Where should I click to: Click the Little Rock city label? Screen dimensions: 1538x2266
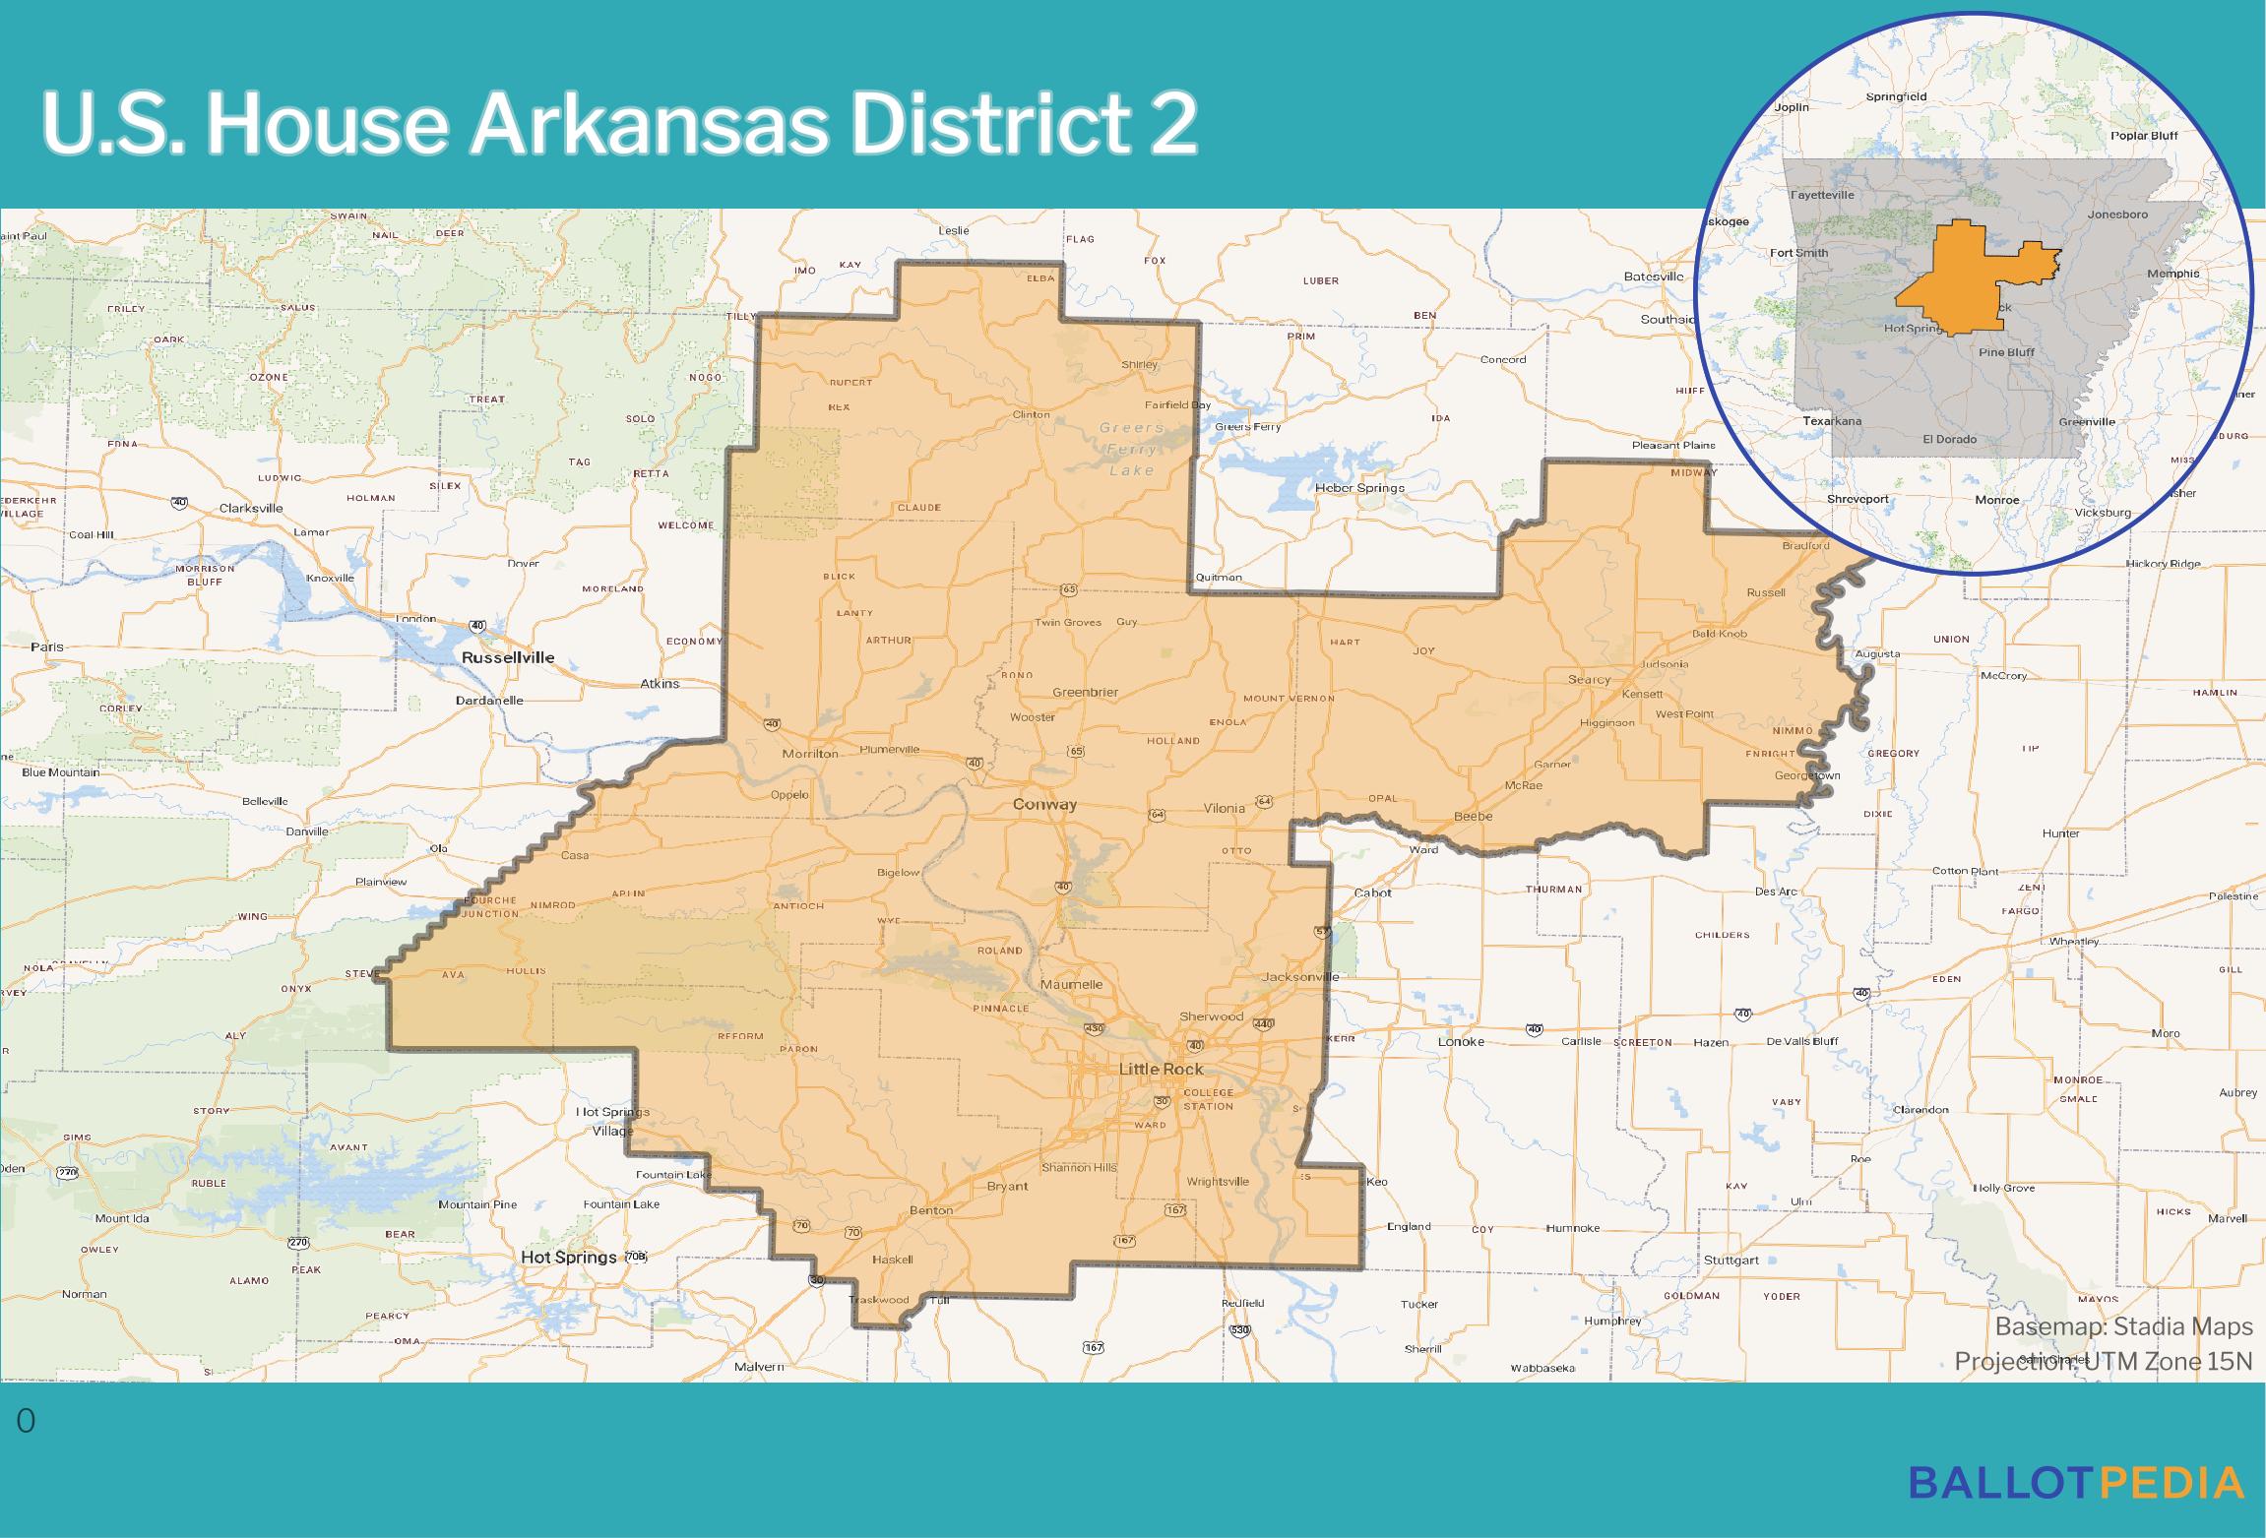pos(1161,1069)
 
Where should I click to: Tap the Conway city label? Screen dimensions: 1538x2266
pos(1045,804)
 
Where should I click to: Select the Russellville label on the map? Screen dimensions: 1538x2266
pos(508,657)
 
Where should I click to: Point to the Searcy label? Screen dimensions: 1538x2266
pos(1589,679)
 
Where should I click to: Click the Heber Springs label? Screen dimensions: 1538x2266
pos(1359,488)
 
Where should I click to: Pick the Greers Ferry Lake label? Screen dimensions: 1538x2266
pos(1132,449)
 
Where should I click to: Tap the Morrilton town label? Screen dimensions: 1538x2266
pos(809,753)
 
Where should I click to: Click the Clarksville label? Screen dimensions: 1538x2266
pos(251,508)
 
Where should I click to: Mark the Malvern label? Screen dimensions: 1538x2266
pos(760,1367)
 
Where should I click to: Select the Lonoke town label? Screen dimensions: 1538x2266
pos(1461,1041)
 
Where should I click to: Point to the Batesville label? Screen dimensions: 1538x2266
pos(1654,277)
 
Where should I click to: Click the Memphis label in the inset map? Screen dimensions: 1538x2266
pos(2173,274)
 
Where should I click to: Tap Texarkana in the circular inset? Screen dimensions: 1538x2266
pos(1832,420)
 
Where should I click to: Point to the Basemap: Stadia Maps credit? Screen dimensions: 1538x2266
pos(2123,1326)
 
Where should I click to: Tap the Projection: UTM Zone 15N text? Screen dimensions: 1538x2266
pos(2103,1361)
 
